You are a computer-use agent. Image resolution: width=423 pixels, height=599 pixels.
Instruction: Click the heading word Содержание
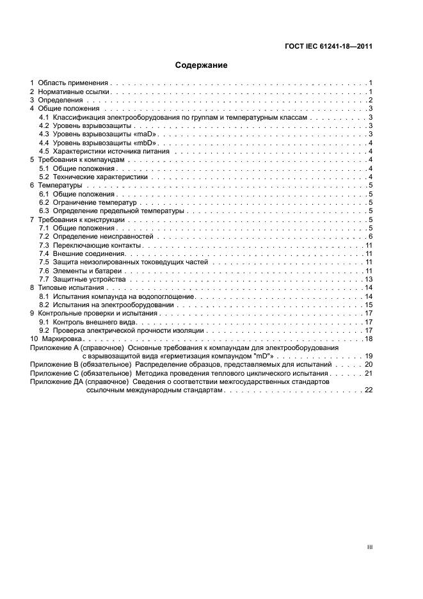pos(201,65)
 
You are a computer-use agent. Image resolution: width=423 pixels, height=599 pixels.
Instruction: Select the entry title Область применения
pos(72,83)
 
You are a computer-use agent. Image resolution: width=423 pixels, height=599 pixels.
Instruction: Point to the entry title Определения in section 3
pos(60,100)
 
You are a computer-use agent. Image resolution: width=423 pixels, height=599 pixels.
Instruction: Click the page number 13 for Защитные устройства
pos(369,280)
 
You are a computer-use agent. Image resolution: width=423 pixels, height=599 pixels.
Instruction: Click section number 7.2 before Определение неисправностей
pos(44,237)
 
